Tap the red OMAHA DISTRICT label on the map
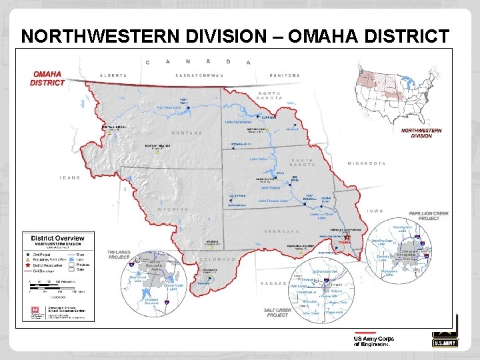pyautogui.click(x=47, y=78)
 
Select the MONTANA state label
pyautogui.click(x=186, y=133)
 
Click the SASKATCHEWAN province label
pyautogui.click(x=201, y=75)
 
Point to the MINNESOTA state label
pyautogui.click(x=366, y=163)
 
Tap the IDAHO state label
pyautogui.click(x=69, y=178)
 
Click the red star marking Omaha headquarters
pyautogui.click(x=347, y=236)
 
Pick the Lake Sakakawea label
pyautogui.click(x=238, y=123)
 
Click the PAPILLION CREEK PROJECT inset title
pyautogui.click(x=429, y=216)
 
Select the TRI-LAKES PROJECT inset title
pyautogui.click(x=119, y=255)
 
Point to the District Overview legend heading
pyautogui.click(x=56, y=238)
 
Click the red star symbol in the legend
pyautogui.click(x=28, y=265)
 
